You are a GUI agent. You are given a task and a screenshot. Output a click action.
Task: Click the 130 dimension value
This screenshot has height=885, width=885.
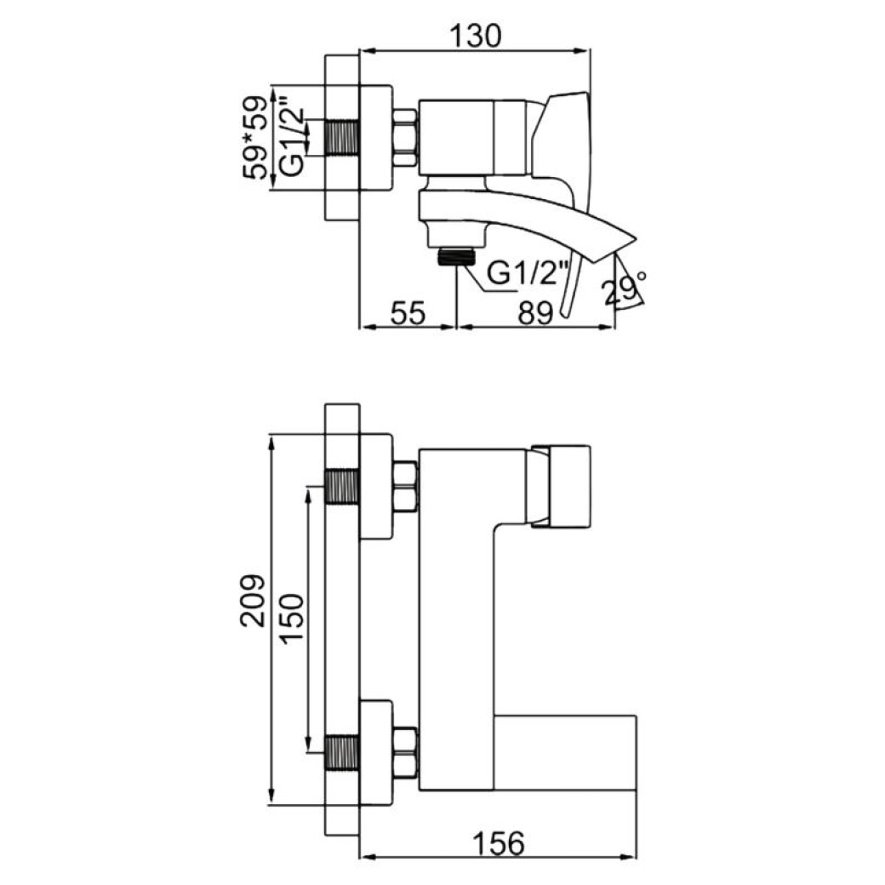click(475, 36)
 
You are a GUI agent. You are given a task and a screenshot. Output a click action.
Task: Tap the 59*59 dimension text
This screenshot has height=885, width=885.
click(255, 138)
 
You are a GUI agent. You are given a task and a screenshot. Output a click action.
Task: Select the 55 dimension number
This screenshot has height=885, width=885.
click(408, 312)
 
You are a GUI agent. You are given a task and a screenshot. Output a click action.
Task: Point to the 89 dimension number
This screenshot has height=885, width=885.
click(535, 313)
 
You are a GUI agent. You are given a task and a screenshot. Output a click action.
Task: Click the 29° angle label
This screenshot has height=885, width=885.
click(624, 287)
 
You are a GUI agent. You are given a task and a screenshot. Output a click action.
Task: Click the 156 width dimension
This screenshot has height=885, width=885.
click(499, 844)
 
